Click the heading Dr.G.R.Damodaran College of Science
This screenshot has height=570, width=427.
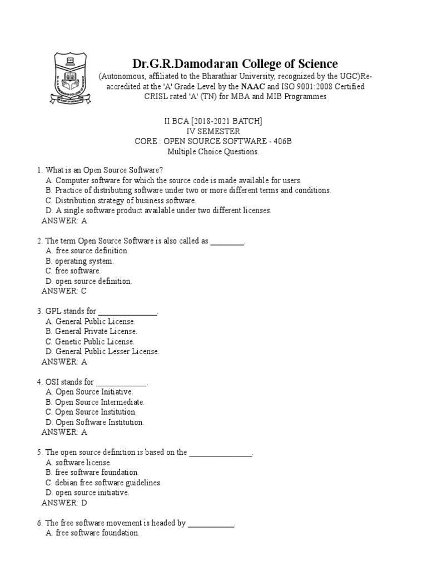234,63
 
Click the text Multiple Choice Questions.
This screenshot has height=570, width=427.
213,151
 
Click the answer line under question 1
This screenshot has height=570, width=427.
64,220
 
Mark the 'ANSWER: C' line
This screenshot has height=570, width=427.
64,291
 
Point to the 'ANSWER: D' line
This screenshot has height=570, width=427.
64,503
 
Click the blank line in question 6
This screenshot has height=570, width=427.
211,523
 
